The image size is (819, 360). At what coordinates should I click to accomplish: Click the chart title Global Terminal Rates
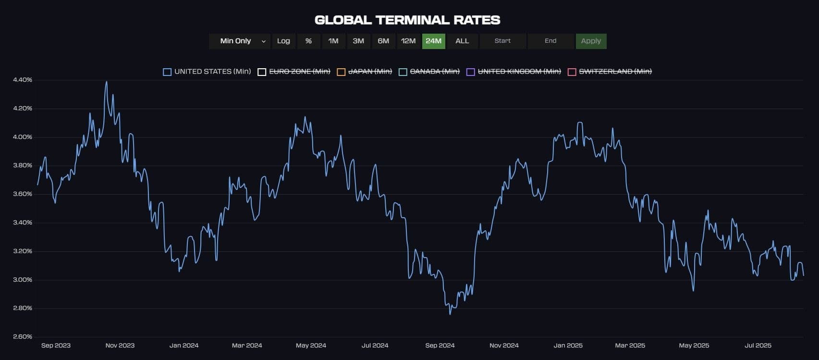coord(407,20)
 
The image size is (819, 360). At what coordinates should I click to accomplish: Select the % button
coord(308,41)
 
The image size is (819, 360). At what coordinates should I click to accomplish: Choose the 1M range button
coord(333,41)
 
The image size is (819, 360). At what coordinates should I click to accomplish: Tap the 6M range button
coord(383,41)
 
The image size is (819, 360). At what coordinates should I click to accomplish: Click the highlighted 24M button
coord(433,41)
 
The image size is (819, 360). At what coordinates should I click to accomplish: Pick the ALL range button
coord(462,41)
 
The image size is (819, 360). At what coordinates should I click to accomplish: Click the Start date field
coord(502,41)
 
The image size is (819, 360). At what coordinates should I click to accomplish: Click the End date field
coord(550,41)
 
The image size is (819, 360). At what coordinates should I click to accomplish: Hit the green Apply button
coord(591,41)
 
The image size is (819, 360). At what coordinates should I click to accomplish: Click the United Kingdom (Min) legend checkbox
coord(471,72)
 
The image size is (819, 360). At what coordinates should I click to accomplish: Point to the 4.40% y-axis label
coord(23,80)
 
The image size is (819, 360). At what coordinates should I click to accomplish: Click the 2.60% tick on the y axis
coord(23,336)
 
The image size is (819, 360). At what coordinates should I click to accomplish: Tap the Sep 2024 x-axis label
coord(440,345)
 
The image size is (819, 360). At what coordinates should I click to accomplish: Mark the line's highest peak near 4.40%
coord(106,82)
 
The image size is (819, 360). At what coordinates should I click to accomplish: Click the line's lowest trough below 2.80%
coord(450,314)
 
